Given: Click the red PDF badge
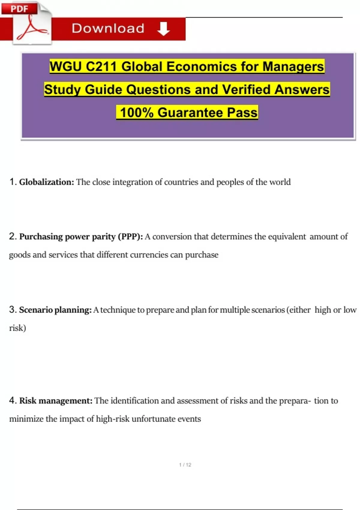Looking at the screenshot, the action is point(19,8).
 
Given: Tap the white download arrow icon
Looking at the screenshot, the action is point(163,29).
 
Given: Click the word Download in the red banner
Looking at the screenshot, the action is point(108,28).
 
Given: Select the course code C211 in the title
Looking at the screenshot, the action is point(101,66).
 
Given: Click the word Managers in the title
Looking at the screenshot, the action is point(293,66).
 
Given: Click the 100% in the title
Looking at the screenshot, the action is point(136,112).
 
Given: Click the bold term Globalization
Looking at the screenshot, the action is point(46,182).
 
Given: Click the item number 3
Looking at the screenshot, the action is point(12,310).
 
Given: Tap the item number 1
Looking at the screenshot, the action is point(12,182).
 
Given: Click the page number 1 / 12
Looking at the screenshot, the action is point(185,465).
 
